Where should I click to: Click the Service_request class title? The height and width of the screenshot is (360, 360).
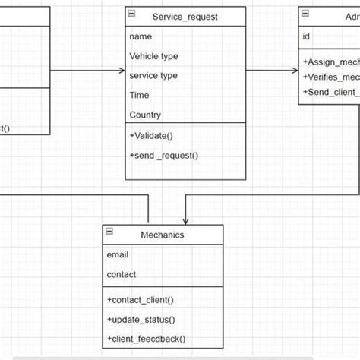tap(185, 16)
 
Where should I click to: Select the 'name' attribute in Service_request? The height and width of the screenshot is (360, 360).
tap(141, 36)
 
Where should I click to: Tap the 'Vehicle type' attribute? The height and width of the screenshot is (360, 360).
tap(154, 55)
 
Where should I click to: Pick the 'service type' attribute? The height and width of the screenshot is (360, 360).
tap(153, 75)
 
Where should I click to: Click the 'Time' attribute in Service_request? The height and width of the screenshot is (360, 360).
tap(140, 95)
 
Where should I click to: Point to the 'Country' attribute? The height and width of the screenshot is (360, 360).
tap(145, 115)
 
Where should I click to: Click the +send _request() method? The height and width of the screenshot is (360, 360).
tap(163, 155)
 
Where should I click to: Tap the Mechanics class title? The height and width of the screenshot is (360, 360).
tap(163, 235)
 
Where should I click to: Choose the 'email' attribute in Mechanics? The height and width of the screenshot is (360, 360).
tap(118, 254)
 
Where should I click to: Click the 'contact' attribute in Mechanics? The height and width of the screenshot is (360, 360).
tap(122, 274)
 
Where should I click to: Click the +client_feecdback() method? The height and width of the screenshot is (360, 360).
tap(146, 339)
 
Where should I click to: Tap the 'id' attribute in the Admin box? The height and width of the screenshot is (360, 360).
tap(306, 36)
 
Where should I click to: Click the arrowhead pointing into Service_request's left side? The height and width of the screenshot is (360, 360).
tap(122, 71)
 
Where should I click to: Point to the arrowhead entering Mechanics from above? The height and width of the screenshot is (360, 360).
tap(185, 220)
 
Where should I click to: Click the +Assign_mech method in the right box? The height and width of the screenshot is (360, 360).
tap(331, 62)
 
